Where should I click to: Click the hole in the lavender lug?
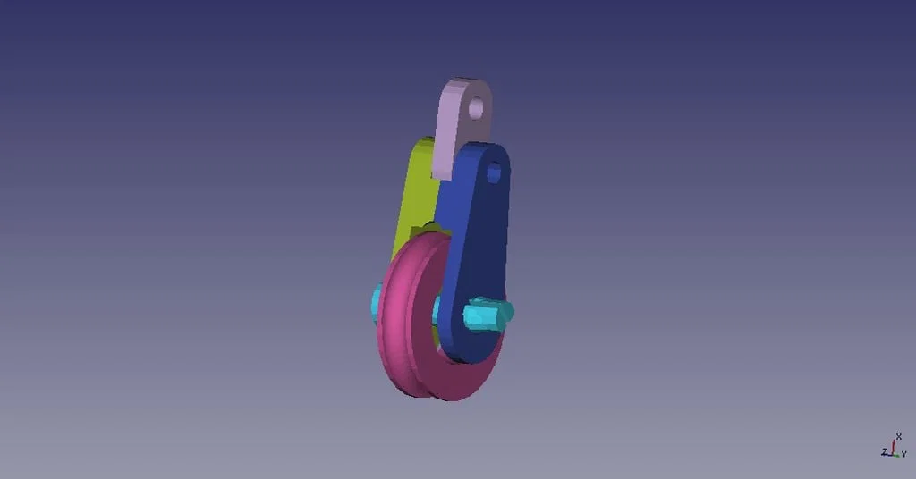476,108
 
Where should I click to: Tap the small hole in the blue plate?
494,172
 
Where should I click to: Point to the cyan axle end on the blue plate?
488,314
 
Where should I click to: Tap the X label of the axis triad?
898,436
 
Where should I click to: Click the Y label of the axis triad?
904,454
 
